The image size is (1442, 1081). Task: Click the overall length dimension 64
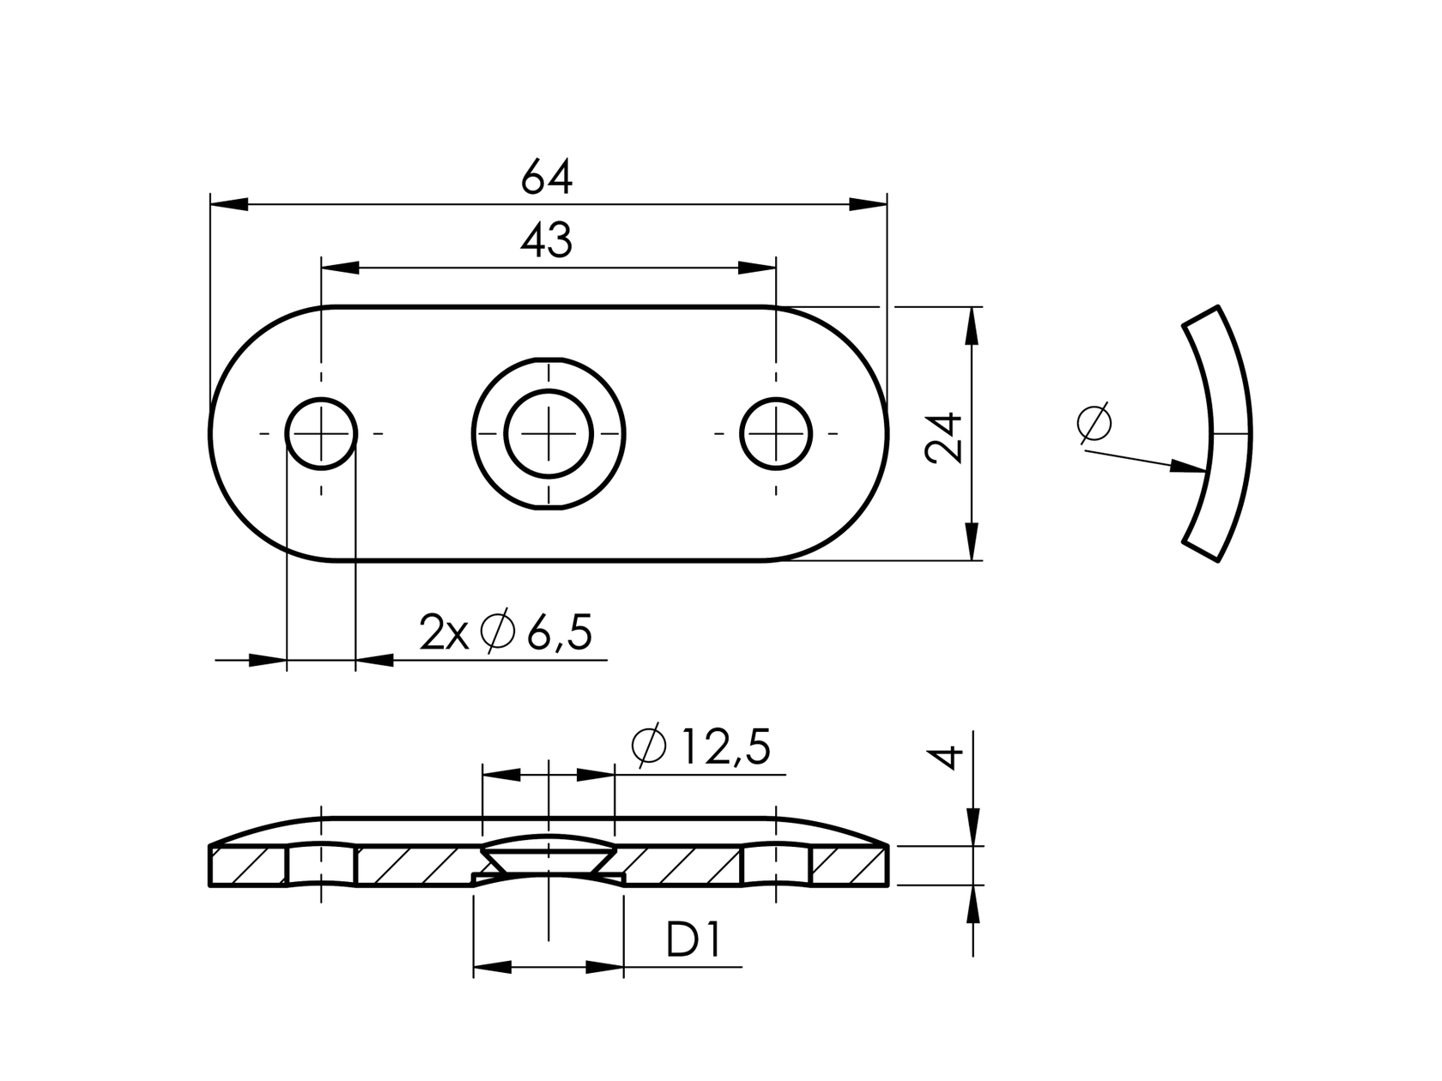(x=546, y=178)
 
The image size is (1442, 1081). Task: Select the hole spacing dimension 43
(x=546, y=242)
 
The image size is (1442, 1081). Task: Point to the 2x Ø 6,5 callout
(x=506, y=633)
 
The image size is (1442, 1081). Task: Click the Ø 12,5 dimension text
(x=700, y=747)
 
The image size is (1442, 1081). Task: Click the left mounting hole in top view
(x=321, y=433)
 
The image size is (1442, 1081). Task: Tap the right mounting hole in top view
(x=776, y=433)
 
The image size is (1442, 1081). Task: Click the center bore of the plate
(x=548, y=433)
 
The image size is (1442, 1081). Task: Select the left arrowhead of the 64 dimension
(x=228, y=204)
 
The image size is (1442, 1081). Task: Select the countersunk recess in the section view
(x=548, y=855)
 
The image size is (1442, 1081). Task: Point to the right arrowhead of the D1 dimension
(x=605, y=967)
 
